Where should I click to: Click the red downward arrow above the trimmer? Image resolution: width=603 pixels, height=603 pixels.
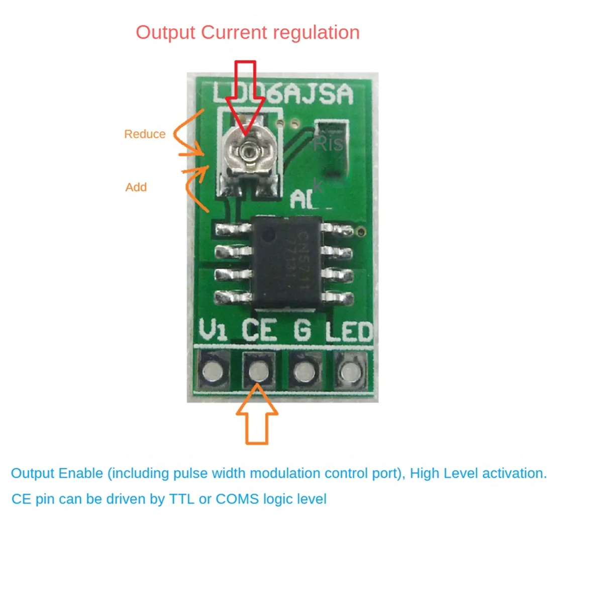tap(245, 95)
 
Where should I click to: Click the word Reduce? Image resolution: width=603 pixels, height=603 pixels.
tap(145, 134)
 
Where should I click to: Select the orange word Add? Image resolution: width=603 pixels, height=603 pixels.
tap(136, 187)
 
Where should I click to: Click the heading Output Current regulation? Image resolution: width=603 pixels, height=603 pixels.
tap(247, 33)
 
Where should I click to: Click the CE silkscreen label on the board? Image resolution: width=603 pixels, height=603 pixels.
tap(259, 331)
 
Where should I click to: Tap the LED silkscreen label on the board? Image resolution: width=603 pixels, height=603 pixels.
tap(349, 332)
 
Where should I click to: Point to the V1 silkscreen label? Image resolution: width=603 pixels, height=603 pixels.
tap(213, 331)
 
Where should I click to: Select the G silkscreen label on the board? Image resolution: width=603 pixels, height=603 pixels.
tap(302, 331)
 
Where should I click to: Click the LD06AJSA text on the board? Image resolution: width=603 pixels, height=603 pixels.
tap(283, 94)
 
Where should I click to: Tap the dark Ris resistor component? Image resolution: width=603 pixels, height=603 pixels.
tap(331, 148)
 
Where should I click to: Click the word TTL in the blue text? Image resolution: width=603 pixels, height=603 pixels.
tap(182, 499)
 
